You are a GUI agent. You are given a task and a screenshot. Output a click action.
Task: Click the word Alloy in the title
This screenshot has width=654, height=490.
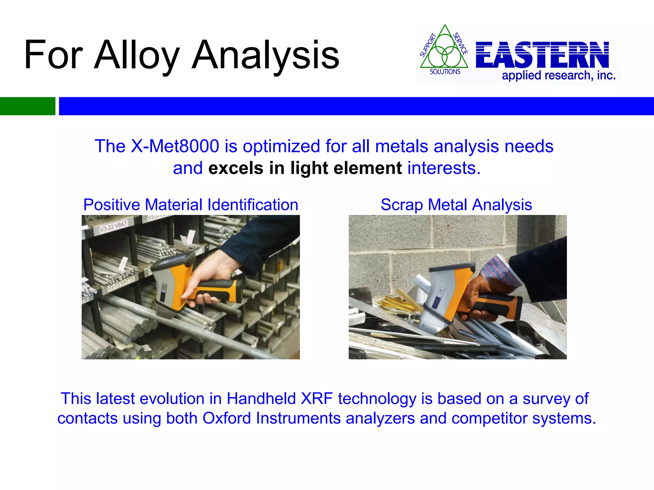click(137, 55)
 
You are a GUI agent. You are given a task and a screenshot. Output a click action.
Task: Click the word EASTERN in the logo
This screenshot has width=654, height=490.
click(542, 55)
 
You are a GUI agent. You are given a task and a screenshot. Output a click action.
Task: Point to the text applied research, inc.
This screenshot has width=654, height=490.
click(559, 76)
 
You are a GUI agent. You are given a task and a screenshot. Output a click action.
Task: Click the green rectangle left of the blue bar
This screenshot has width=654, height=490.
click(27, 106)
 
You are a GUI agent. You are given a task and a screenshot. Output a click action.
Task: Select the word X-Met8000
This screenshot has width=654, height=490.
click(175, 146)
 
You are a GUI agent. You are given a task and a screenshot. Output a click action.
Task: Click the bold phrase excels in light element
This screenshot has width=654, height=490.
click(305, 168)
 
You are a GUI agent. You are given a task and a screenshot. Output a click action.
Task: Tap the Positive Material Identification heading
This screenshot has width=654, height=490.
click(191, 204)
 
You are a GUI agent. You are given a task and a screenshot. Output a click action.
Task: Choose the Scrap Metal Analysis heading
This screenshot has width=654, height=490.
click(456, 204)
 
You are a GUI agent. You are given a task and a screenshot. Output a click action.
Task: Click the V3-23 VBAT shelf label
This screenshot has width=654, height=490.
click(113, 226)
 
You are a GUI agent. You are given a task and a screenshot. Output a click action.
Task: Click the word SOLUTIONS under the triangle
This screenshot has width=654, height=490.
click(445, 72)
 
